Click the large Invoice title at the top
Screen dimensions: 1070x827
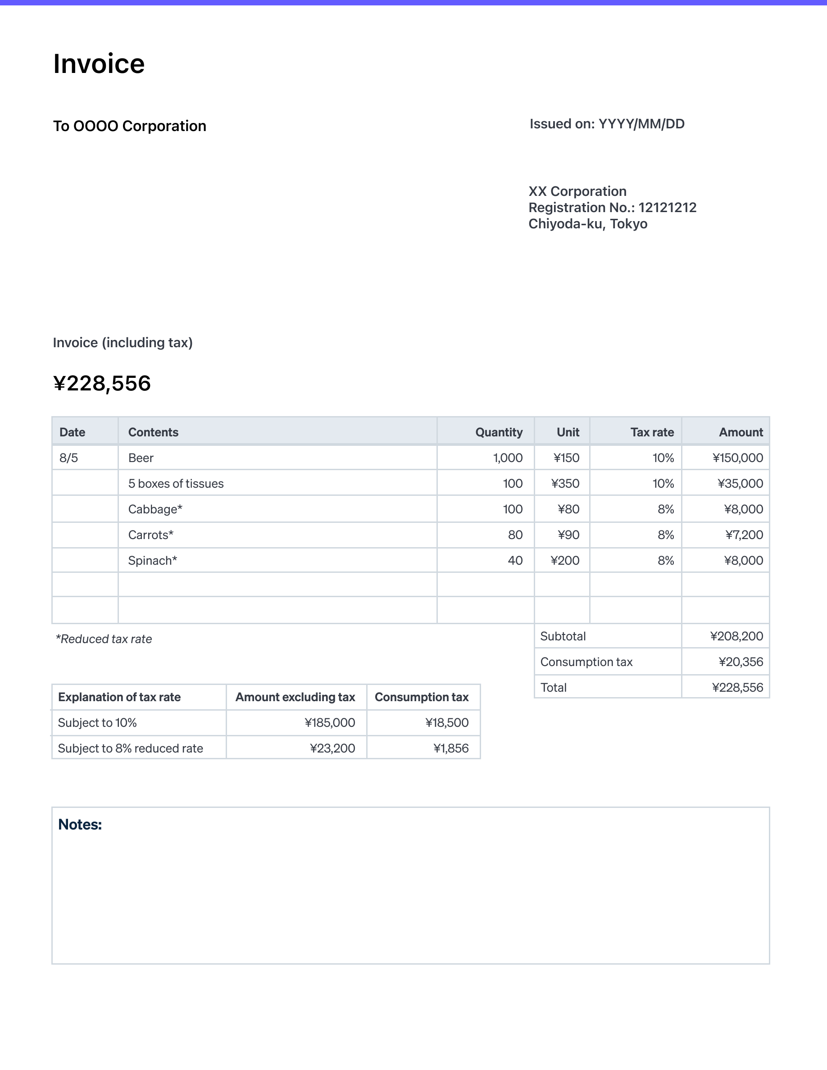[x=99, y=64]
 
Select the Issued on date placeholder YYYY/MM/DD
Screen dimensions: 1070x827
[x=641, y=124]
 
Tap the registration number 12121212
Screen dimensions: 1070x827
[x=667, y=208]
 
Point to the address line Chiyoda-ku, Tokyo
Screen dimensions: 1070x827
[x=587, y=224]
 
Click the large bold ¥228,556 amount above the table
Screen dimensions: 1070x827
[x=102, y=383]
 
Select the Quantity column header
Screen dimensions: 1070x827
[x=498, y=432]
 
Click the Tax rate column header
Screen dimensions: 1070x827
[x=652, y=432]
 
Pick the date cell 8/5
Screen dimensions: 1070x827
[x=68, y=458]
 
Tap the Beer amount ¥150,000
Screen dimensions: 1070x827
[x=737, y=458]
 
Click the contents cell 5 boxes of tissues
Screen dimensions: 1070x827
[x=176, y=484]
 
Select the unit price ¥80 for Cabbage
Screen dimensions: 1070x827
[x=568, y=509]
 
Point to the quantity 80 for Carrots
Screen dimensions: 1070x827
[x=515, y=535]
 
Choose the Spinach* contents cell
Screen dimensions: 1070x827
[x=152, y=561]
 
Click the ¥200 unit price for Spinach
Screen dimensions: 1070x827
[x=565, y=561]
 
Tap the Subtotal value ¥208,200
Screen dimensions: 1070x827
[x=736, y=636]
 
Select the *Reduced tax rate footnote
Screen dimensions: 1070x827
[x=104, y=639]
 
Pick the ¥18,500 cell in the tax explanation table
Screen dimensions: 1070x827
[x=446, y=723]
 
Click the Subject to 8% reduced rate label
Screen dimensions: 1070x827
[x=130, y=748]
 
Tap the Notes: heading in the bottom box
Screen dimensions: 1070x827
[x=80, y=825]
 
